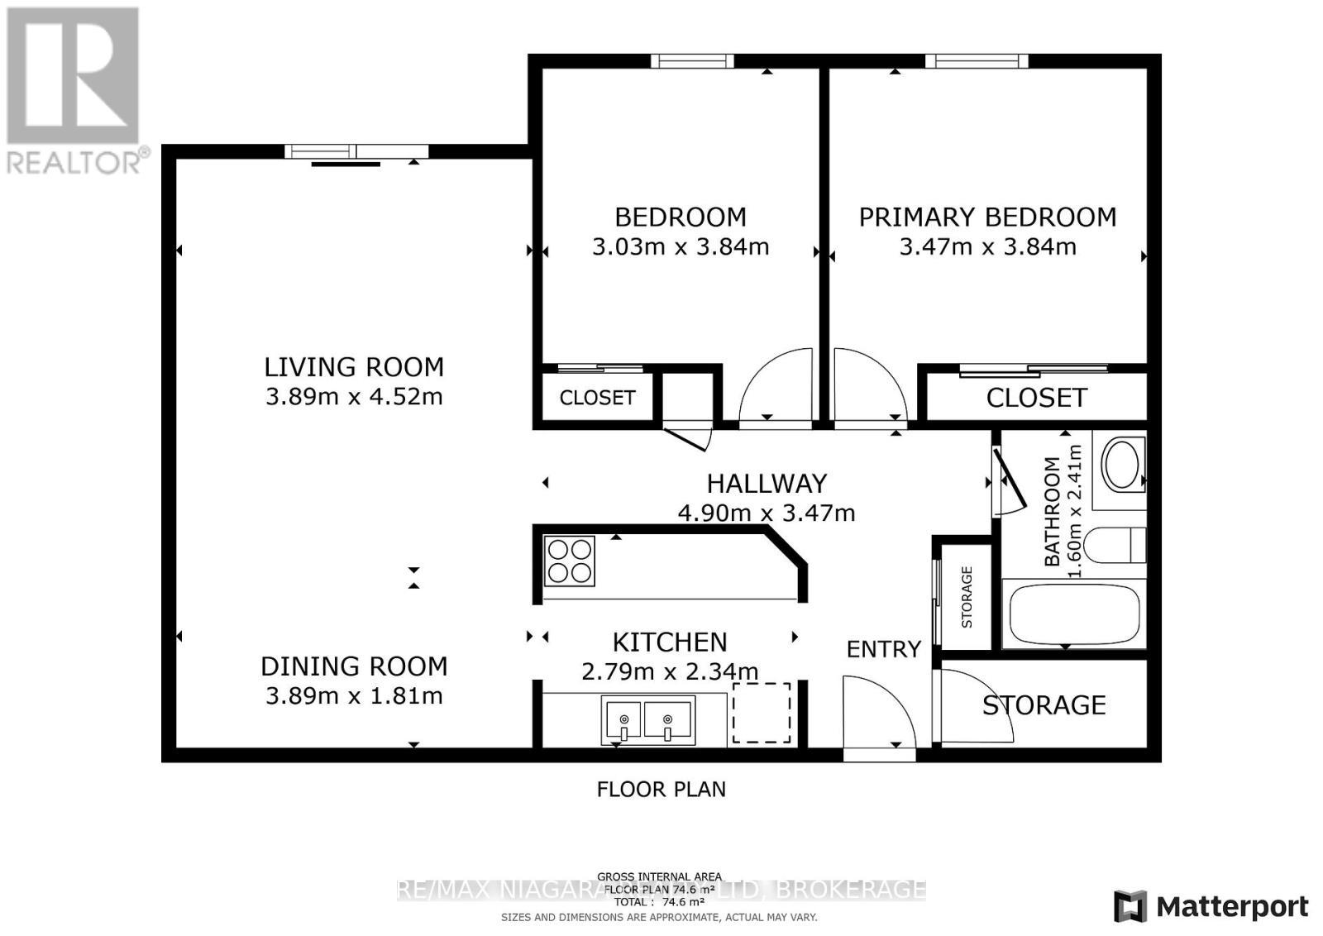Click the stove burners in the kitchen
pyautogui.click(x=569, y=561)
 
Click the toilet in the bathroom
pyautogui.click(x=1112, y=545)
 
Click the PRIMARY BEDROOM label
pyautogui.click(x=987, y=217)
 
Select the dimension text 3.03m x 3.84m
pyautogui.click(x=681, y=246)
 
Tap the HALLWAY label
pyautogui.click(x=767, y=483)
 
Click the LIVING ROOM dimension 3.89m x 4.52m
pyautogui.click(x=354, y=396)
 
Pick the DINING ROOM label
pyautogui.click(x=354, y=666)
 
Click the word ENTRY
pyautogui.click(x=883, y=649)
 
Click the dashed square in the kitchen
pyautogui.click(x=762, y=712)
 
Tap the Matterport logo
pyautogui.click(x=1211, y=906)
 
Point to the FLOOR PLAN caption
pyautogui.click(x=661, y=789)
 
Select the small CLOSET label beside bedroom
pyautogui.click(x=597, y=398)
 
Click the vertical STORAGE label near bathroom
pyautogui.click(x=967, y=597)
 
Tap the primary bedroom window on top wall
pyautogui.click(x=977, y=60)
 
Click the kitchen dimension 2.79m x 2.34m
pyautogui.click(x=670, y=671)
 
